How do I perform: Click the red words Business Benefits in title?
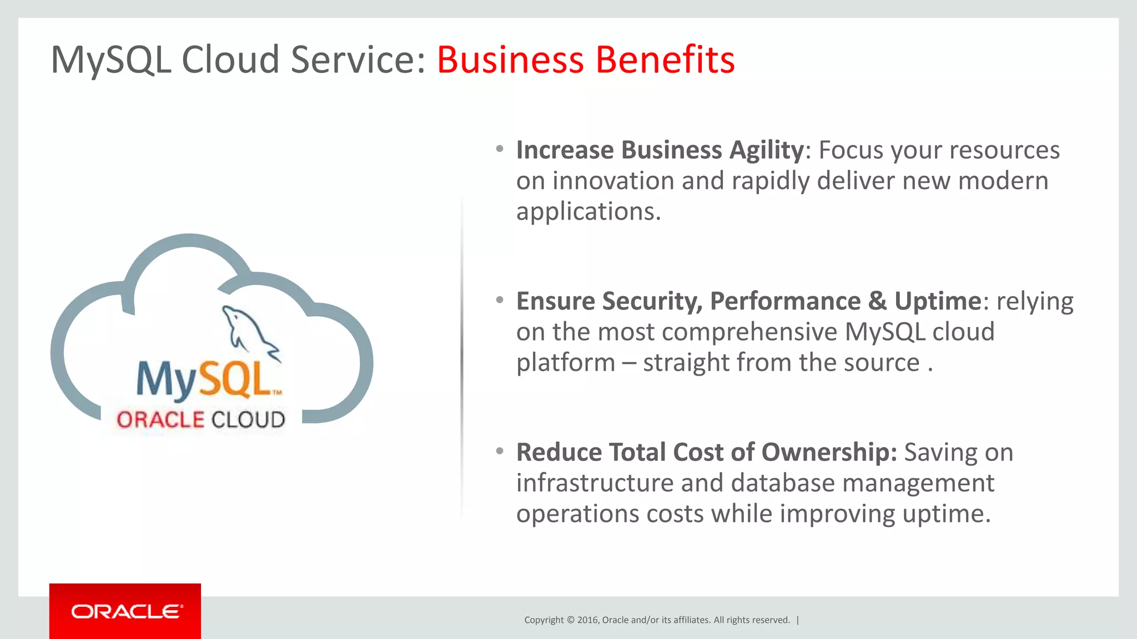click(585, 59)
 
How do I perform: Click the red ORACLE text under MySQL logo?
click(160, 420)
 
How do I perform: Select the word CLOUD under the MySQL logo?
click(248, 420)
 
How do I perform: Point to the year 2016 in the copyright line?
click(587, 620)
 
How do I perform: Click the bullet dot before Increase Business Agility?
click(500, 149)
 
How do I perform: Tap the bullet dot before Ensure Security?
click(500, 300)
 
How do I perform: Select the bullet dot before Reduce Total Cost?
click(500, 451)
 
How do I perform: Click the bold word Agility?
click(766, 150)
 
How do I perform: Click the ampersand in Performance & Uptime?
click(877, 301)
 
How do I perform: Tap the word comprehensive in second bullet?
click(749, 332)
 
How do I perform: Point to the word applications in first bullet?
click(588, 212)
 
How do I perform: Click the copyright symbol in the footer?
click(570, 620)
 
